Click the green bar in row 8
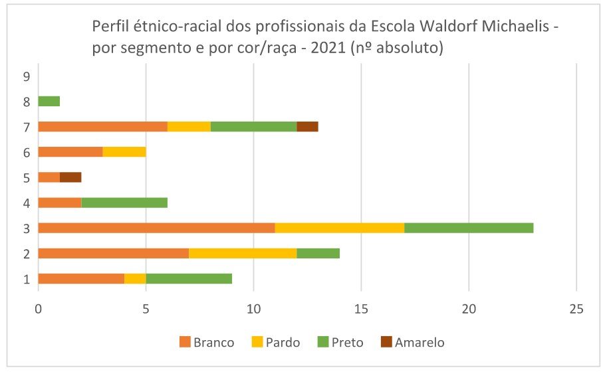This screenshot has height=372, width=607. coord(49,102)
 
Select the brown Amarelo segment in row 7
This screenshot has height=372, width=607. coord(307,127)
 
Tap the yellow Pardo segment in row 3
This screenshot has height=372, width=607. coord(340,228)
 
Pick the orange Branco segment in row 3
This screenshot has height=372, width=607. coord(156,228)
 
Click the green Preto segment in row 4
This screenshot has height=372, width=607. coord(124,203)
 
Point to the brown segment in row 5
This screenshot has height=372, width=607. coord(70,177)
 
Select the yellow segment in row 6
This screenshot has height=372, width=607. coord(124,152)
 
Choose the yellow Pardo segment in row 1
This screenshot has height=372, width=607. coord(135,278)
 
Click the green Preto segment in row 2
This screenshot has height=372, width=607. coord(318,253)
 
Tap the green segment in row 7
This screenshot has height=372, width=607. coord(253,127)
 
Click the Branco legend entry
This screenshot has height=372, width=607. coord(207,343)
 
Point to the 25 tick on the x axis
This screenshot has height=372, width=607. coord(576,310)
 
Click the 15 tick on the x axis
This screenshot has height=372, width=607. coord(361,310)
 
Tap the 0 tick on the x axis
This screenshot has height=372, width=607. coord(39,310)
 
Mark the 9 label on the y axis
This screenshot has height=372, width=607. coord(26,76)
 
